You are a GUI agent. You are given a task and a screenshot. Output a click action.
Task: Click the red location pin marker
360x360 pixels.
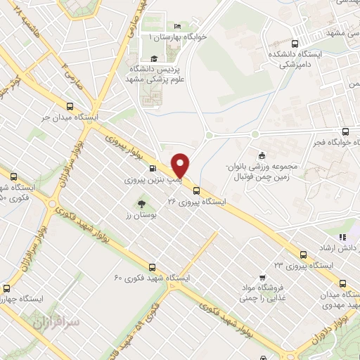pyautogui.click(x=181, y=165)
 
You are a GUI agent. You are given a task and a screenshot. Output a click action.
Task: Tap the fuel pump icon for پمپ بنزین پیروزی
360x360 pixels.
pyautogui.click(x=153, y=169)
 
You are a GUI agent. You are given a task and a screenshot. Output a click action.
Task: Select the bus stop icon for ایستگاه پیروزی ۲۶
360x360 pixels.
pyautogui.click(x=196, y=189)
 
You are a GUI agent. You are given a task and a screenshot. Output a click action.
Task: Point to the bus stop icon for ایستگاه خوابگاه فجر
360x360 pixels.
pyautogui.click(x=345, y=131)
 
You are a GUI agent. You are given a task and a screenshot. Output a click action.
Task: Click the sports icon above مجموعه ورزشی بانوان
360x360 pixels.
pyautogui.click(x=262, y=155)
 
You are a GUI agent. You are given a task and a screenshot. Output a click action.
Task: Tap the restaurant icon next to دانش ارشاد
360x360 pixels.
pyautogui.click(x=343, y=238)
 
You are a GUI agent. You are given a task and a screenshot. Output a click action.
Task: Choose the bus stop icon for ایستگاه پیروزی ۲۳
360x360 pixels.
pyautogui.click(x=304, y=254)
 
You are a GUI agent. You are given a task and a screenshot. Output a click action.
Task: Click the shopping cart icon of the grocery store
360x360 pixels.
pyautogui.click(x=262, y=276)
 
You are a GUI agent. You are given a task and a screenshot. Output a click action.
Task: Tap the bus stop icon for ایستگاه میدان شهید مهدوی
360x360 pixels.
pyautogui.click(x=343, y=284)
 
